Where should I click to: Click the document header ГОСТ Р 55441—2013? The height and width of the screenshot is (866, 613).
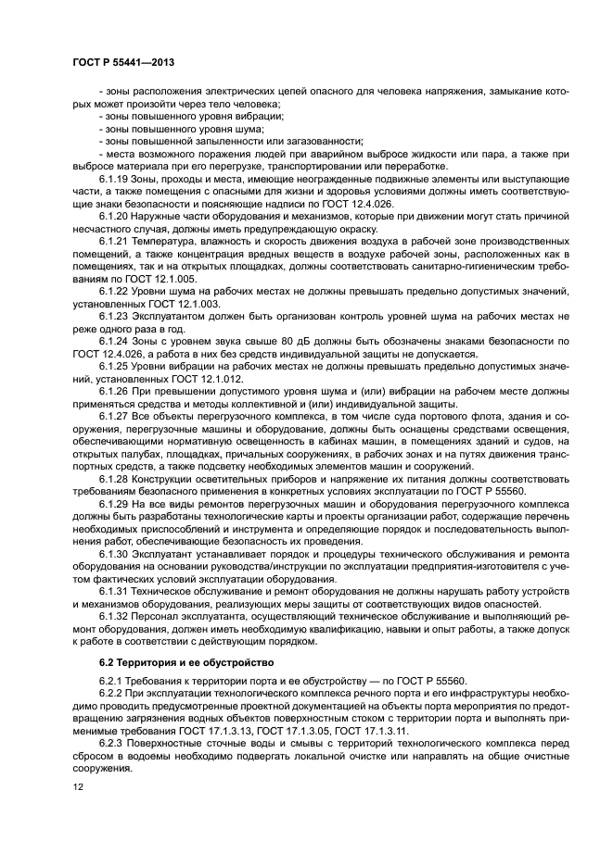coord(122,62)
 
